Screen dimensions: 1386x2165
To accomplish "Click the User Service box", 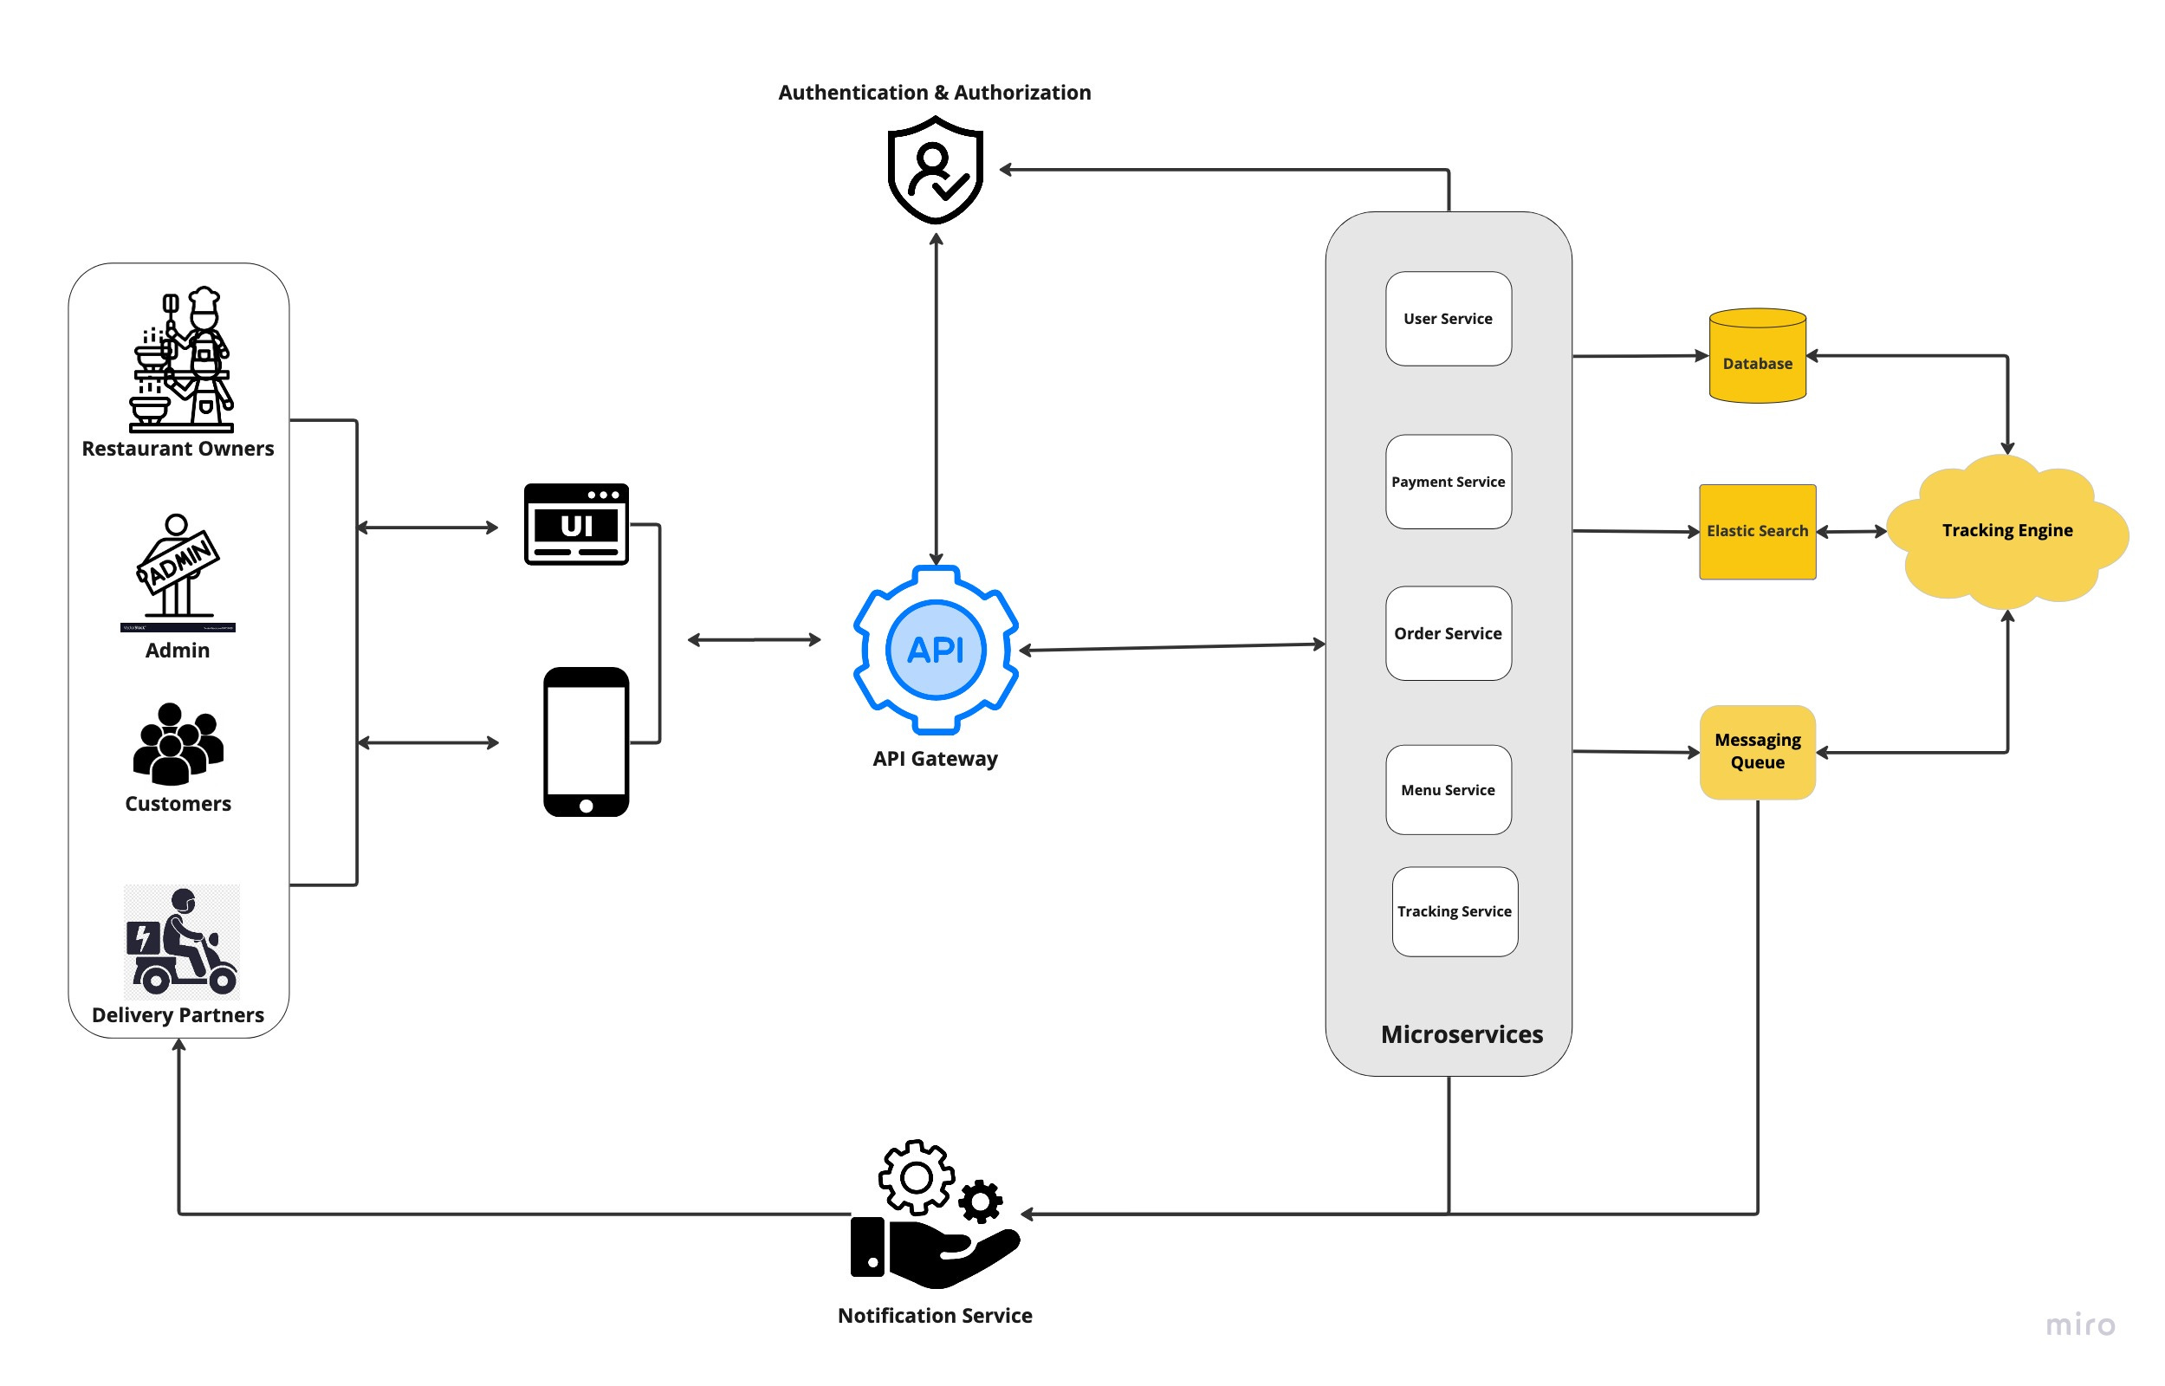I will (1448, 319).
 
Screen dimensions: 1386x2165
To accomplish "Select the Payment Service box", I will (1448, 482).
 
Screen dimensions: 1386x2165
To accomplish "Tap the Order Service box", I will (1448, 632).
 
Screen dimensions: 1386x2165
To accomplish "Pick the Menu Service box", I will (1448, 789).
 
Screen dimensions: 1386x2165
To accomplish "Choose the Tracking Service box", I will (1454, 910).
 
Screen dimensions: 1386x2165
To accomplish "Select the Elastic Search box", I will (1756, 531).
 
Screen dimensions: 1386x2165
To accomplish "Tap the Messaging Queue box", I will (1756, 752).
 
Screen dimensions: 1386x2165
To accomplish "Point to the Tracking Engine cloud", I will (2006, 531).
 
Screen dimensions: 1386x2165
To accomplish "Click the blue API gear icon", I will (935, 649).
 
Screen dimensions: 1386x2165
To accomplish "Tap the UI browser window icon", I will (576, 524).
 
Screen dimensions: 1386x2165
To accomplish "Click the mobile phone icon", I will (586, 742).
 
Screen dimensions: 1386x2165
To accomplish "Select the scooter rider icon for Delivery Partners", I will (182, 942).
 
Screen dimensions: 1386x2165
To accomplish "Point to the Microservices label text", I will (1462, 1034).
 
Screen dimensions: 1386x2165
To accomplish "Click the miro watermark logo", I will (2079, 1324).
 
